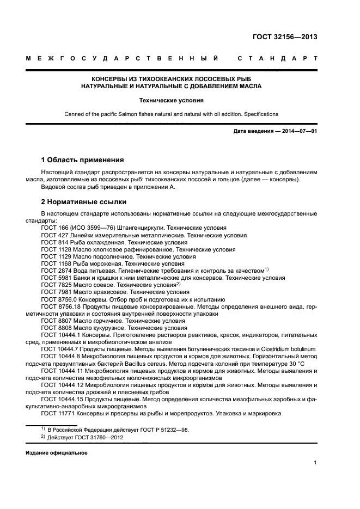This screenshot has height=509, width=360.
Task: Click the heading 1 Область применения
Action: (82, 160)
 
